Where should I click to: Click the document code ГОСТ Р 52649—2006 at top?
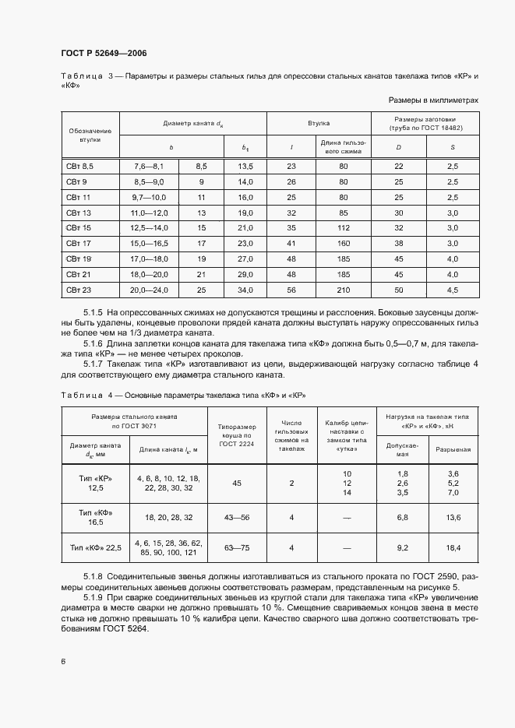104,53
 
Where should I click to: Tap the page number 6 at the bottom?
63,661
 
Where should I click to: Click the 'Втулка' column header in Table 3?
318,123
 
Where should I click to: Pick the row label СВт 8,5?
79,167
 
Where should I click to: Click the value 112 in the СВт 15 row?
343,227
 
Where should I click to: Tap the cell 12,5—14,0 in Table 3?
148,227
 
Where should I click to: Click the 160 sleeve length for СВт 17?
343,243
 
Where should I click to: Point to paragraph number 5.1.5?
94,311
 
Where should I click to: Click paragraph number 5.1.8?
94,576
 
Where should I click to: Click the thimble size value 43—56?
237,517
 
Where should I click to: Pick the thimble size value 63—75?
237,548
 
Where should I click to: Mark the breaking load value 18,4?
453,548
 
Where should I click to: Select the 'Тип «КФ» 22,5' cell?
96,548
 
